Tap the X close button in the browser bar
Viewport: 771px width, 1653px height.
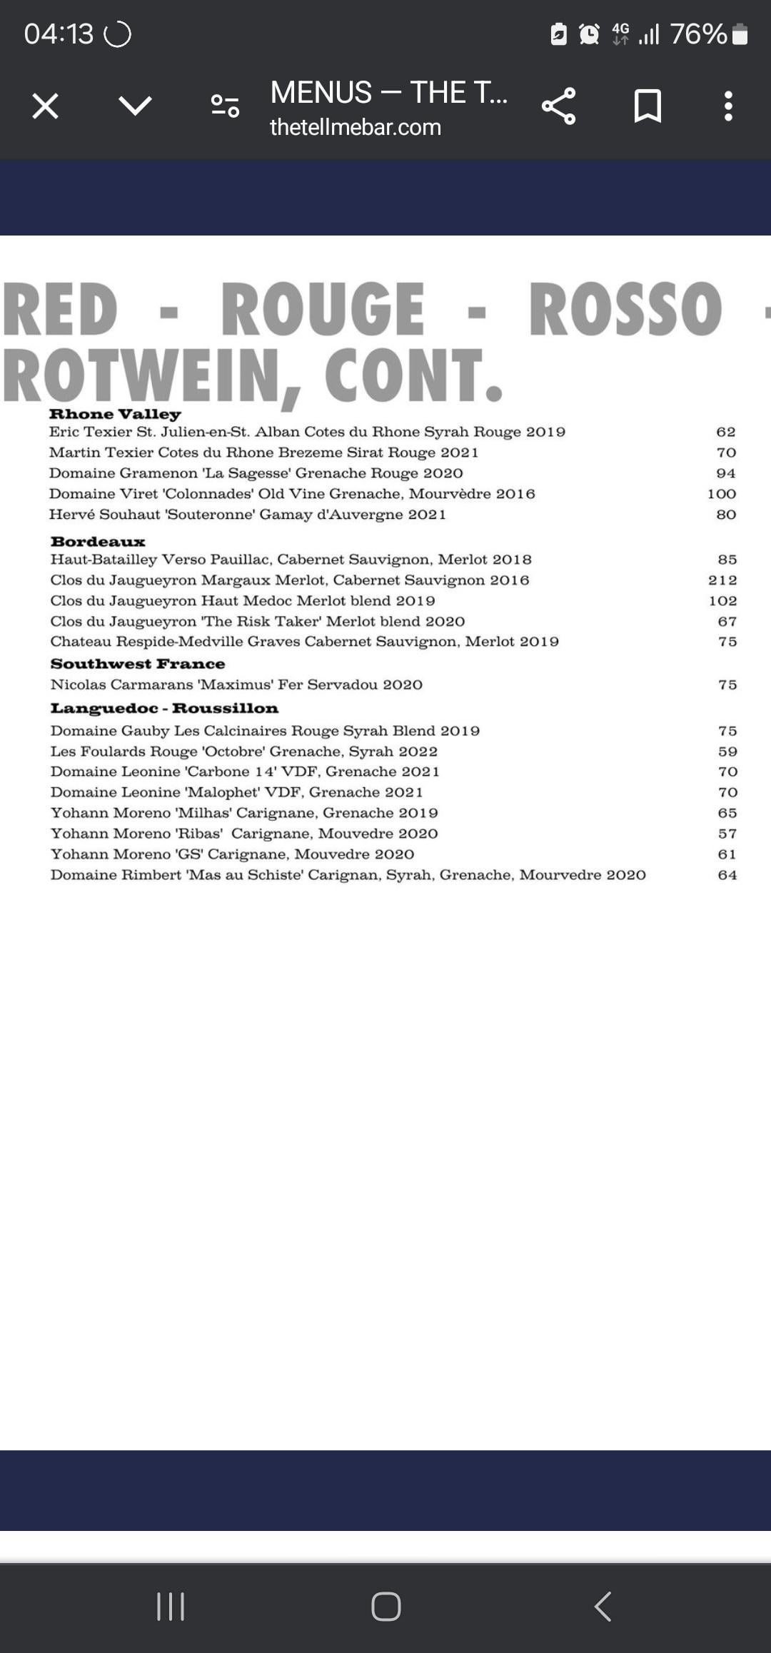pyautogui.click(x=45, y=106)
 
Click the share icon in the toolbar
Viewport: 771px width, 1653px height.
pyautogui.click(x=558, y=106)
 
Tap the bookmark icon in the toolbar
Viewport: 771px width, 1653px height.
pyautogui.click(x=647, y=106)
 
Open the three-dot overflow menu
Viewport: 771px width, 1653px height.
pyautogui.click(x=727, y=106)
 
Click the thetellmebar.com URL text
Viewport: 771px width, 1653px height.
pyautogui.click(x=355, y=127)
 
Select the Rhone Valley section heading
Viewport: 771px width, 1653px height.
pyautogui.click(x=115, y=414)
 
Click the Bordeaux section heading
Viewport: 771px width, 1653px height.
pyautogui.click(x=98, y=542)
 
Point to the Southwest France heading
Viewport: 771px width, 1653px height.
pyautogui.click(x=138, y=664)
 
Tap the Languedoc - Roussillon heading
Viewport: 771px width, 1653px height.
pyautogui.click(x=164, y=708)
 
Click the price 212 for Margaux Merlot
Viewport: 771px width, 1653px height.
pyautogui.click(x=722, y=580)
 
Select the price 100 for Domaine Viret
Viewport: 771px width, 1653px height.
pyautogui.click(x=722, y=494)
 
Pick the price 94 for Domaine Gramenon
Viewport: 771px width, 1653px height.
pyautogui.click(x=726, y=473)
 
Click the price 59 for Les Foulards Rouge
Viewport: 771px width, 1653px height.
pyautogui.click(x=727, y=752)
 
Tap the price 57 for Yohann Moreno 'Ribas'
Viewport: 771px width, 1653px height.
pyautogui.click(x=727, y=834)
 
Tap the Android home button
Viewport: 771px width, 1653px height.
pyautogui.click(x=385, y=1607)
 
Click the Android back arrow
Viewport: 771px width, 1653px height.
pyautogui.click(x=603, y=1607)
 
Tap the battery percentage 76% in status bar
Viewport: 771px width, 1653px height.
pyautogui.click(x=698, y=34)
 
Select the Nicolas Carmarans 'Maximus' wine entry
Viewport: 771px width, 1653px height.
pyautogui.click(x=236, y=685)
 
